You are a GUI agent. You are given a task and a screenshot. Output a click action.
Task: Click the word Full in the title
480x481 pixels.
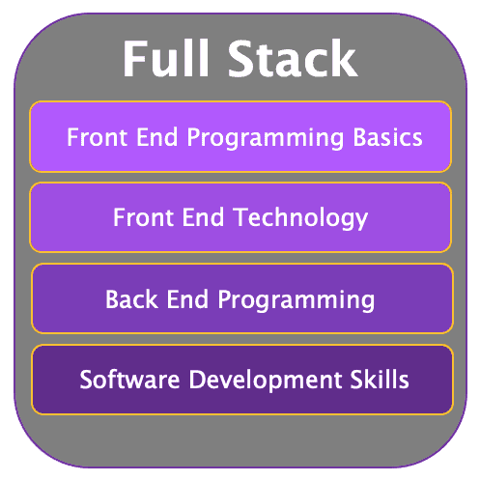coord(165,58)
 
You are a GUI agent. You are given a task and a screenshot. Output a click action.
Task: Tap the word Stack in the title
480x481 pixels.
coord(293,58)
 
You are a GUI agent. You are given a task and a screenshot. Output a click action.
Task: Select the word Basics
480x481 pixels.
coord(387,137)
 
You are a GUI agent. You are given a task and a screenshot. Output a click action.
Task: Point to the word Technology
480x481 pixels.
coord(301,219)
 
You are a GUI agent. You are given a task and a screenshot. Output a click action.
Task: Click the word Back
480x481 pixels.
coord(131,299)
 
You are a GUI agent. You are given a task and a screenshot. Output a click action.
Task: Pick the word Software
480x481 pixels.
coord(129,380)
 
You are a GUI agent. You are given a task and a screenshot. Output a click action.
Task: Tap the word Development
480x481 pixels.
coord(266,381)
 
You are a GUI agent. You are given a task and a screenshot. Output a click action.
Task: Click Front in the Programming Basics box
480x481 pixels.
coord(97,137)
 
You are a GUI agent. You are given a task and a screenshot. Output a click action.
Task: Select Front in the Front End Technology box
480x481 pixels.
coord(143,217)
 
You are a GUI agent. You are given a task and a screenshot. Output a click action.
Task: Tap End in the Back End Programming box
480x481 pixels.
coord(187,299)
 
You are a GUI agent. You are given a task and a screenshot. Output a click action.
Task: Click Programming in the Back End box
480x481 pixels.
coord(296,300)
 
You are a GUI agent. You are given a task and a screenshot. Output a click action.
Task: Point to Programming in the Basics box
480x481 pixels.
coord(266,139)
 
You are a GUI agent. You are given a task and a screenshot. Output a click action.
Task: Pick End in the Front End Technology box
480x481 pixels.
coord(203,217)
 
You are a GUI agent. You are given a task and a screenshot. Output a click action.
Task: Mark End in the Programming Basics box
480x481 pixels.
coord(157,137)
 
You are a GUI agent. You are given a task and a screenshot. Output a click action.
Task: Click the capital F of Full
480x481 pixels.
coord(133,58)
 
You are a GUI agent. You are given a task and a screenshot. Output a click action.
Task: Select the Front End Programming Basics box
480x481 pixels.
coord(240,137)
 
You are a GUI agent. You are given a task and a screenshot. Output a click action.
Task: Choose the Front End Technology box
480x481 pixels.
coord(240,217)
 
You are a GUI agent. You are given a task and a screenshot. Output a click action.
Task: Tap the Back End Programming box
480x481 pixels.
coord(242,298)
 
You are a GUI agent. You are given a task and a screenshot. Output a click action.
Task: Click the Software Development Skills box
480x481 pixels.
coord(242,380)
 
